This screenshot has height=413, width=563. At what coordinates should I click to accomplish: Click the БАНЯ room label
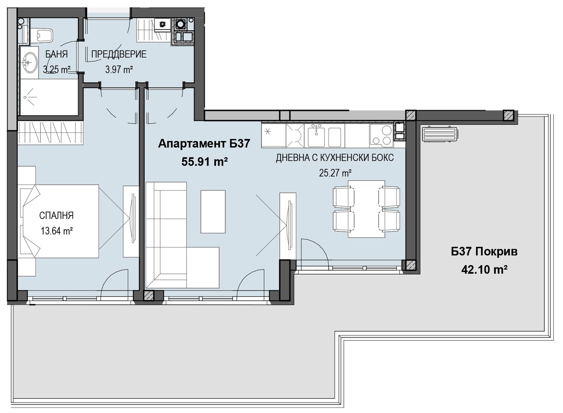(56, 54)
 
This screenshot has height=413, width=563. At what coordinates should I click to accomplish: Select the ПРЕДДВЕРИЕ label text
(119, 54)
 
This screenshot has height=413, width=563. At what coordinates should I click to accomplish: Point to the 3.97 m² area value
(119, 69)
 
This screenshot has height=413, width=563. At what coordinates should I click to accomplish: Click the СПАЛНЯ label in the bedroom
(57, 215)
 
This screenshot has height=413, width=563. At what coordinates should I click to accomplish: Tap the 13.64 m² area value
(57, 231)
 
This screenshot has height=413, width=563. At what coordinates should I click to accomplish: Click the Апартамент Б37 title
(204, 144)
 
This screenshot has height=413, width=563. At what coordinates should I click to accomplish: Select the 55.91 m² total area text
(204, 162)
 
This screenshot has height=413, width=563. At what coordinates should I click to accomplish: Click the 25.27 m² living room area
(335, 173)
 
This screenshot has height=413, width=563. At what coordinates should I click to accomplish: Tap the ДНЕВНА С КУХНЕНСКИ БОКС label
(335, 158)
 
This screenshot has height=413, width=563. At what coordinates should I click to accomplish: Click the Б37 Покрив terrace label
(484, 252)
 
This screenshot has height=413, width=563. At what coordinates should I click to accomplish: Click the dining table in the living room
(366, 209)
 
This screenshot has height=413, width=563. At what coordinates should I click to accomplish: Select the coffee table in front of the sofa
(213, 212)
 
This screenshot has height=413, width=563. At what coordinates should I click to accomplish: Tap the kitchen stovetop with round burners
(381, 136)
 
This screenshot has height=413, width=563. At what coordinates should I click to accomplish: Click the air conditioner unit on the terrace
(440, 134)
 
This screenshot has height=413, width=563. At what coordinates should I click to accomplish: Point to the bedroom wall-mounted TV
(132, 219)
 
